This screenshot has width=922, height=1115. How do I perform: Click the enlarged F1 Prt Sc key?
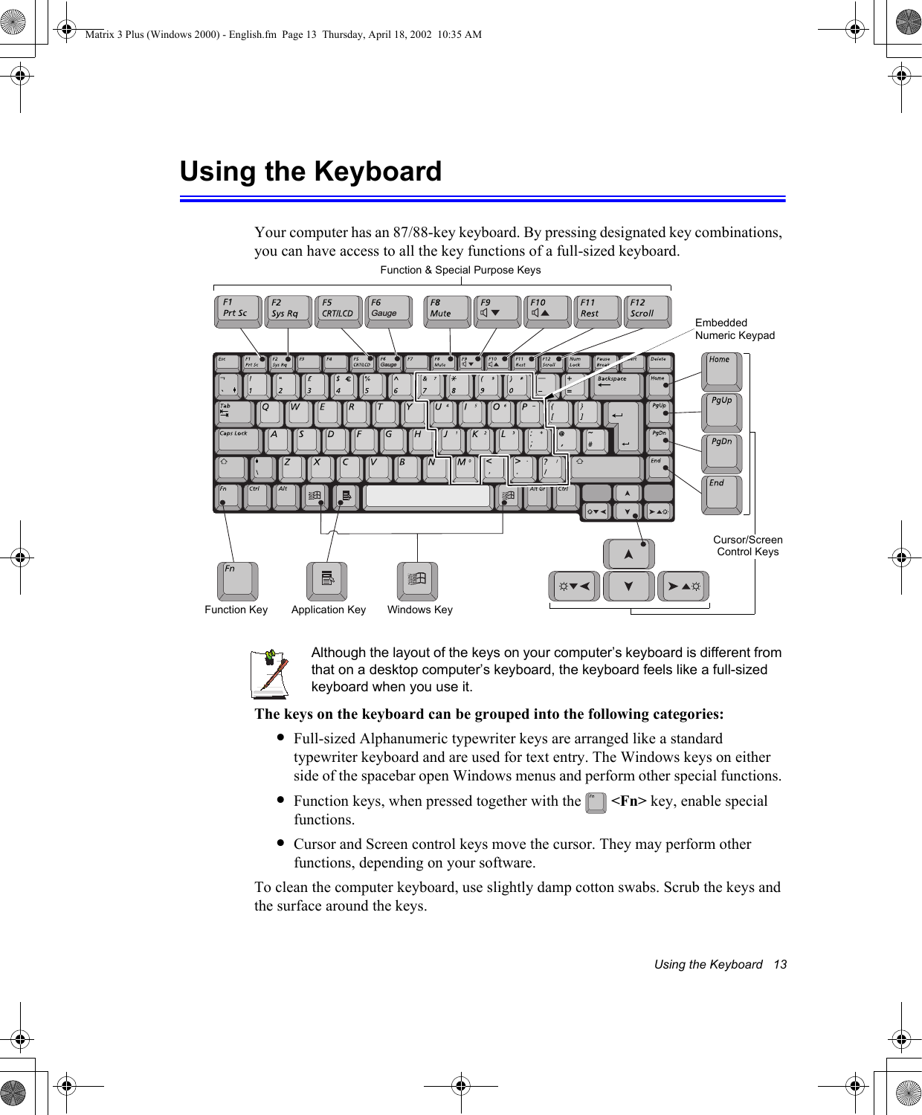(237, 311)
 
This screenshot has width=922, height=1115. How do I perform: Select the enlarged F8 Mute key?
(449, 311)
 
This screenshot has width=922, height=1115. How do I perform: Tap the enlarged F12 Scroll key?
(647, 311)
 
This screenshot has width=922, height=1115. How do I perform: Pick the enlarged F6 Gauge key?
(389, 311)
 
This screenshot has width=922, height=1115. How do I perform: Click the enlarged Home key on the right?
(721, 371)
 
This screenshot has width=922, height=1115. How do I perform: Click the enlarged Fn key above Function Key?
(238, 581)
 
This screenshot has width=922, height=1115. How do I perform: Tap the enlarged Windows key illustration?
(417, 581)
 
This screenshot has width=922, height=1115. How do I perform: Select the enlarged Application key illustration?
(327, 581)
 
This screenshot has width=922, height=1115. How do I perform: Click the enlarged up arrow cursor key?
(628, 554)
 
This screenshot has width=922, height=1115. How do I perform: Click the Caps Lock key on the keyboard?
(238, 440)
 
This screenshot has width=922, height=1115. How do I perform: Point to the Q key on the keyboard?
(269, 413)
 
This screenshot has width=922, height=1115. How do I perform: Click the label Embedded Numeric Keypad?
(734, 329)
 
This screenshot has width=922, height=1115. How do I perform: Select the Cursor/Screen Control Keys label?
(747, 546)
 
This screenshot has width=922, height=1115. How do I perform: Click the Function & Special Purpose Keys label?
(460, 270)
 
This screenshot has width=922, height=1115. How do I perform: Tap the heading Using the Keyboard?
(311, 172)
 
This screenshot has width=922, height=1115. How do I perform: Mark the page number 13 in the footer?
(779, 964)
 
